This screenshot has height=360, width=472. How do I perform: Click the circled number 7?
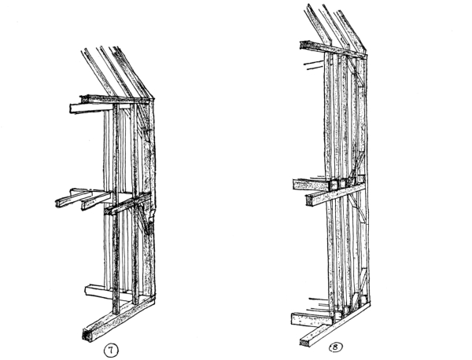(x=111, y=350)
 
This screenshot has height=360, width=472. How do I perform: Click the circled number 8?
(x=336, y=347)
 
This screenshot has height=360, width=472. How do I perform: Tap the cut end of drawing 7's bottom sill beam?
(x=87, y=334)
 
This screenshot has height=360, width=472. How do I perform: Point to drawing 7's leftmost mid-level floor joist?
(x=74, y=199)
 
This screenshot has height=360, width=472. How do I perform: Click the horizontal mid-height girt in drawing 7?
(x=127, y=204)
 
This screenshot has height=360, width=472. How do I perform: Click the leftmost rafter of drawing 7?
(x=98, y=72)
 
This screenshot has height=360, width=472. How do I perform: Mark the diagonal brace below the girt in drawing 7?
(x=144, y=219)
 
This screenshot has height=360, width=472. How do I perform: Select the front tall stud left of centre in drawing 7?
(x=116, y=208)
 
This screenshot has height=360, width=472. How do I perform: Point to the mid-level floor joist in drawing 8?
(x=312, y=185)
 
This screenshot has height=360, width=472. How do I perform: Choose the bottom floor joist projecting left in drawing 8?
(x=312, y=319)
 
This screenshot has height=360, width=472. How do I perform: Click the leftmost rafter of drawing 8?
(x=317, y=26)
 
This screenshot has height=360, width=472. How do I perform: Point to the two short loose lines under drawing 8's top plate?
(x=313, y=65)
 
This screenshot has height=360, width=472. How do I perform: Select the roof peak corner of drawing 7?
(x=153, y=97)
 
